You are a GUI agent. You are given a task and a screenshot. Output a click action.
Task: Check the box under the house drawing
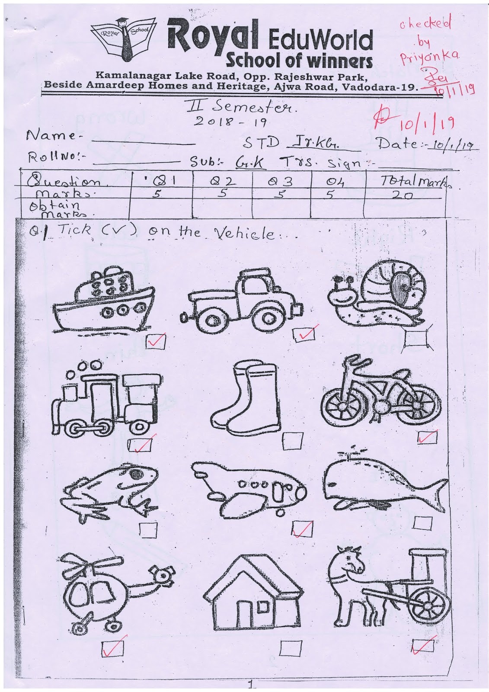[287, 647]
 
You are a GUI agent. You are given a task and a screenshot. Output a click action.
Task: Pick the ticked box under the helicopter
[113, 647]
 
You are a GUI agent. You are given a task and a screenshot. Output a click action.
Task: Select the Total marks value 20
[402, 195]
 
